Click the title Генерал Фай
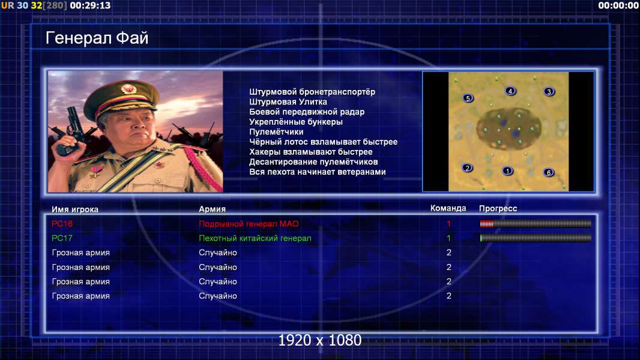pos(97,38)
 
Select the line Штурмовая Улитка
pos(288,102)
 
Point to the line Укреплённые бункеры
pos(296,122)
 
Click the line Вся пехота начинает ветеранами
pos(318,172)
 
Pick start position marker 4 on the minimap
pos(510,91)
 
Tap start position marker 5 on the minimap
pos(468,98)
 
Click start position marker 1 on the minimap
pos(507,171)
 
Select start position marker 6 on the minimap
pos(549,172)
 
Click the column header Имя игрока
pos(74,209)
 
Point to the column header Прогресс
pos(498,208)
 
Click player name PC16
pos(62,223)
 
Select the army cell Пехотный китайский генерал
pos(255,238)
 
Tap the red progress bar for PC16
pos(486,223)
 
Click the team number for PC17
pos(448,238)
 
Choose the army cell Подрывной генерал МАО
pos(249,224)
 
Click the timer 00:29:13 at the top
pos(90,5)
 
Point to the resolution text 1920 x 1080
pos(320,340)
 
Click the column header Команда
pos(448,208)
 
